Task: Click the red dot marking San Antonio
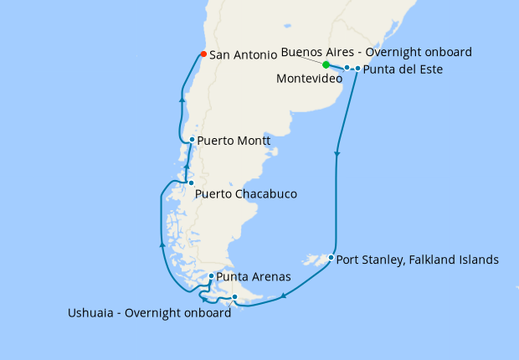pos(203,54)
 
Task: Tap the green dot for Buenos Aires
pos(326,64)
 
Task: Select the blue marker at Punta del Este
pos(357,69)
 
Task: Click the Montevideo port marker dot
pos(347,68)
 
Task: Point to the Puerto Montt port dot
pos(193,140)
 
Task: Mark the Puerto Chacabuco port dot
pos(191,183)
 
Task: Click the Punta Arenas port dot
pos(211,275)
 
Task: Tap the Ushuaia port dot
pos(234,297)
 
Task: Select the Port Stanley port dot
pos(331,257)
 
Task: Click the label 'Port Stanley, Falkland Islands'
pos(418,260)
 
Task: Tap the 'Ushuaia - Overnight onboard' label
pos(149,314)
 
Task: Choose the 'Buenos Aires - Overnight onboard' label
pos(376,52)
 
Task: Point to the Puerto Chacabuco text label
pos(245,194)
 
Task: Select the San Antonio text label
pos(243,55)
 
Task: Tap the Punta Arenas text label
pos(254,276)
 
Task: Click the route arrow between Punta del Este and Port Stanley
pos(337,153)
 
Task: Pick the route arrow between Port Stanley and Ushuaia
pos(285,295)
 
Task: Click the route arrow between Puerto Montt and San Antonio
pos(182,99)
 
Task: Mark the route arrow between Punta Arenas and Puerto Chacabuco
pos(162,244)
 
